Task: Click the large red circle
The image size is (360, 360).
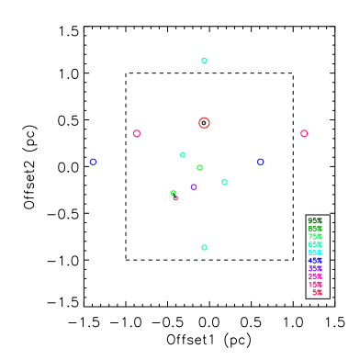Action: (x=204, y=122)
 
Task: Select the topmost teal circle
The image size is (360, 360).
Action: (x=204, y=61)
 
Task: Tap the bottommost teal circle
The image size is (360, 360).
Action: (x=204, y=247)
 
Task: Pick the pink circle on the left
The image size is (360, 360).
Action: (x=137, y=133)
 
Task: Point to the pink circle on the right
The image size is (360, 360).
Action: (x=304, y=133)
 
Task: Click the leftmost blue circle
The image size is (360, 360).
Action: (x=93, y=162)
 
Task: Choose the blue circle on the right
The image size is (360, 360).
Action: (x=260, y=162)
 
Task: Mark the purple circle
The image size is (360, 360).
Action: (x=194, y=186)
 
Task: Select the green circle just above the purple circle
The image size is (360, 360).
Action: (x=199, y=167)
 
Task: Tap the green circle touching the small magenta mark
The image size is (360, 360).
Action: (x=173, y=193)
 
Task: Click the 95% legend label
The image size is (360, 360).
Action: (x=315, y=220)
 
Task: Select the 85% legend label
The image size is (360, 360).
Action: (x=315, y=229)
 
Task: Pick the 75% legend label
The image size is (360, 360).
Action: (x=315, y=237)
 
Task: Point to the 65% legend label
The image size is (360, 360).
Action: (x=315, y=244)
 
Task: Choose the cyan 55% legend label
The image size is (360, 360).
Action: (x=315, y=253)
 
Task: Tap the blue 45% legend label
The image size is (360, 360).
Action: (x=315, y=261)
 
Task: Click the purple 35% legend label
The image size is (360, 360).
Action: (x=315, y=269)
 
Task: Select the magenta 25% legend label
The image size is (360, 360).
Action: (x=315, y=276)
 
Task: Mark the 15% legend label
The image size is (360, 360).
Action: (x=315, y=285)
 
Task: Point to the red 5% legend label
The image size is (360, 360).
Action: (x=317, y=293)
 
